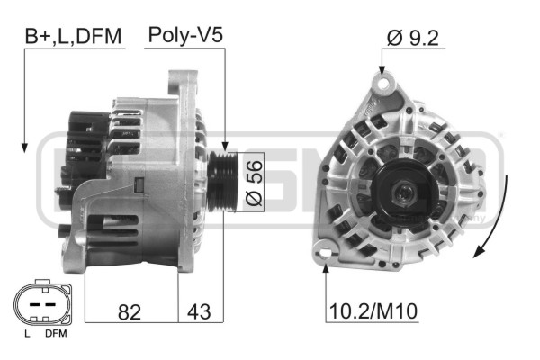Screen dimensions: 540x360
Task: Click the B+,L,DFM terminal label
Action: point(73,37)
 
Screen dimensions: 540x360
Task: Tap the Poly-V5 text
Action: point(185,35)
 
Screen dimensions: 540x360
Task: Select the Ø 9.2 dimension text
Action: point(413,38)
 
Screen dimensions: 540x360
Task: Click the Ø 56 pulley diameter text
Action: point(254,183)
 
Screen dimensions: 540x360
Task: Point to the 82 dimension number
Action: point(130,312)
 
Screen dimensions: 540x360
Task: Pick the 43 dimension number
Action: point(199,311)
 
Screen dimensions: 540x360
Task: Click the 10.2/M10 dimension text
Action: point(373,311)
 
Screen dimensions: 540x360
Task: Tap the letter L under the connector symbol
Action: point(27,334)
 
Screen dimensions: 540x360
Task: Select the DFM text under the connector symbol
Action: point(56,334)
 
